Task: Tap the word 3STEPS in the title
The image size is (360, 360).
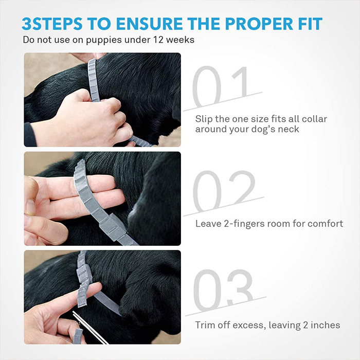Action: coord(52,24)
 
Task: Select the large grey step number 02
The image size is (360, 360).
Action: coord(224,191)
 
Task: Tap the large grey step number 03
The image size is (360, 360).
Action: coord(223,290)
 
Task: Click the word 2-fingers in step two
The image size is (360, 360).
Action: coord(244,224)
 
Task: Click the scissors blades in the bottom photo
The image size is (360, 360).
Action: coord(90,328)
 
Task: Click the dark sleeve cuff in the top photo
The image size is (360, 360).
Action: coord(30,135)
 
